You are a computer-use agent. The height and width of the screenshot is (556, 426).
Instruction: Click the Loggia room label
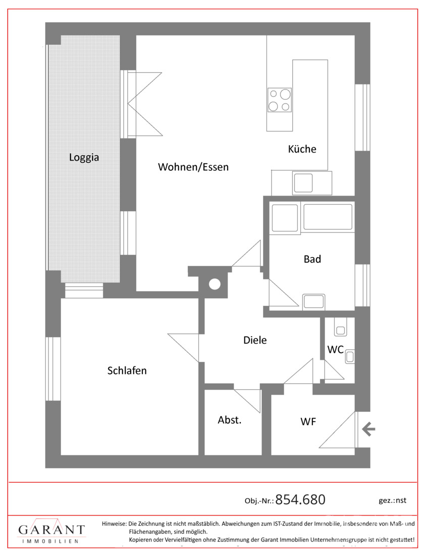tap(84, 157)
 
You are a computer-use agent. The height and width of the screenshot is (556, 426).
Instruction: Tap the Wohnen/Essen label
tap(193, 167)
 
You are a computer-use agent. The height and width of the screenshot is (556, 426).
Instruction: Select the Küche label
tap(302, 149)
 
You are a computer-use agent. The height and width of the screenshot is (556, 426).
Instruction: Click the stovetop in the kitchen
tap(280, 100)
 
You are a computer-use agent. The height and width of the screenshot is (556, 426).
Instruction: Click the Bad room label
tap(312, 259)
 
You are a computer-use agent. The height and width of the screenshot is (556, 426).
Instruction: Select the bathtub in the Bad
tap(328, 217)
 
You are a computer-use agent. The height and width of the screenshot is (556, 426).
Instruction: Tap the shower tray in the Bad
tap(284, 218)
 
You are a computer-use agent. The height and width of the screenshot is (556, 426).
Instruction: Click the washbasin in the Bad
tap(314, 302)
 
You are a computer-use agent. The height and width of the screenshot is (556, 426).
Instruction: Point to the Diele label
tap(255, 340)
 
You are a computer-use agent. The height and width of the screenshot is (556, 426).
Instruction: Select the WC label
tap(335, 350)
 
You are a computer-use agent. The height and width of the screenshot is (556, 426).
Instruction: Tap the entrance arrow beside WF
tap(368, 430)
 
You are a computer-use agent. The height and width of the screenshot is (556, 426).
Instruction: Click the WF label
tap(308, 422)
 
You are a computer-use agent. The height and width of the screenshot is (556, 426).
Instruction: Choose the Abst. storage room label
tap(230, 420)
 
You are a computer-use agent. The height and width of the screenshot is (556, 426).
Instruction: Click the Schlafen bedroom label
tap(127, 370)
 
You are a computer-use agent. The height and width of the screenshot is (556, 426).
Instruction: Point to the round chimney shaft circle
tap(215, 284)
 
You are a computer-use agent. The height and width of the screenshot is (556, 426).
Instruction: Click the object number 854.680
tap(300, 499)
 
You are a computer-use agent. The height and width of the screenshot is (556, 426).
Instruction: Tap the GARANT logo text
tap(51, 530)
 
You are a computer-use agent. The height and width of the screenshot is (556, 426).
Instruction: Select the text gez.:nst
tap(392, 500)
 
